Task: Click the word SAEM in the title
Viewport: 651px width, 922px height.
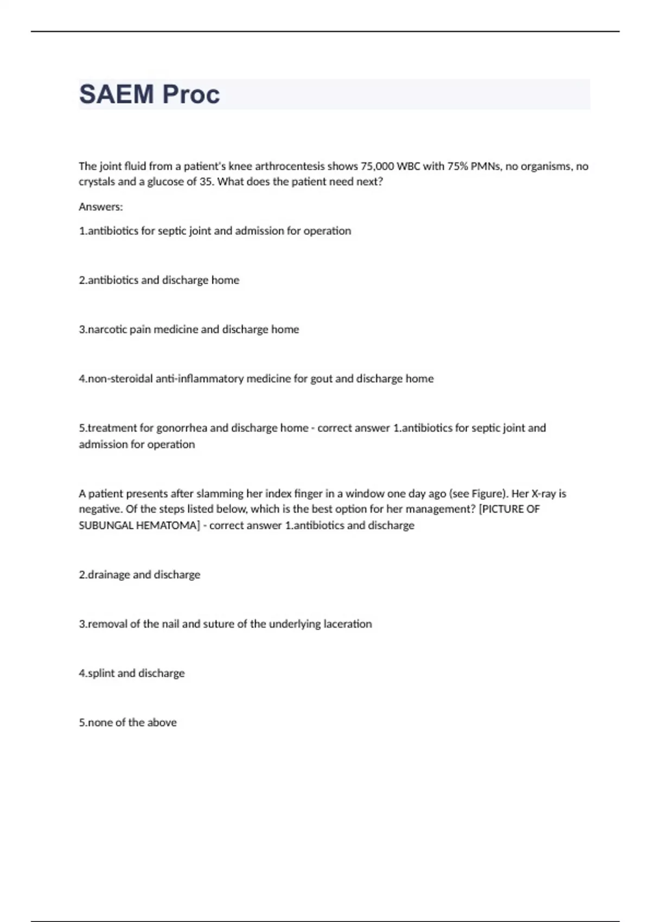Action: click(x=117, y=94)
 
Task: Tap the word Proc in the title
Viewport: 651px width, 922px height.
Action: click(x=191, y=94)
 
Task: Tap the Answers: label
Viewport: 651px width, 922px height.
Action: click(x=101, y=207)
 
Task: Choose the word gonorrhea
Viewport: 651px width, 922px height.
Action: click(x=182, y=428)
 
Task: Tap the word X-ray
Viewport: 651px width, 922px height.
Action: click(x=543, y=494)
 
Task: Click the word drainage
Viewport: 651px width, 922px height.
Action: click(x=108, y=575)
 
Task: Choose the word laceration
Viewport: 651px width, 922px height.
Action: click(x=348, y=624)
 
